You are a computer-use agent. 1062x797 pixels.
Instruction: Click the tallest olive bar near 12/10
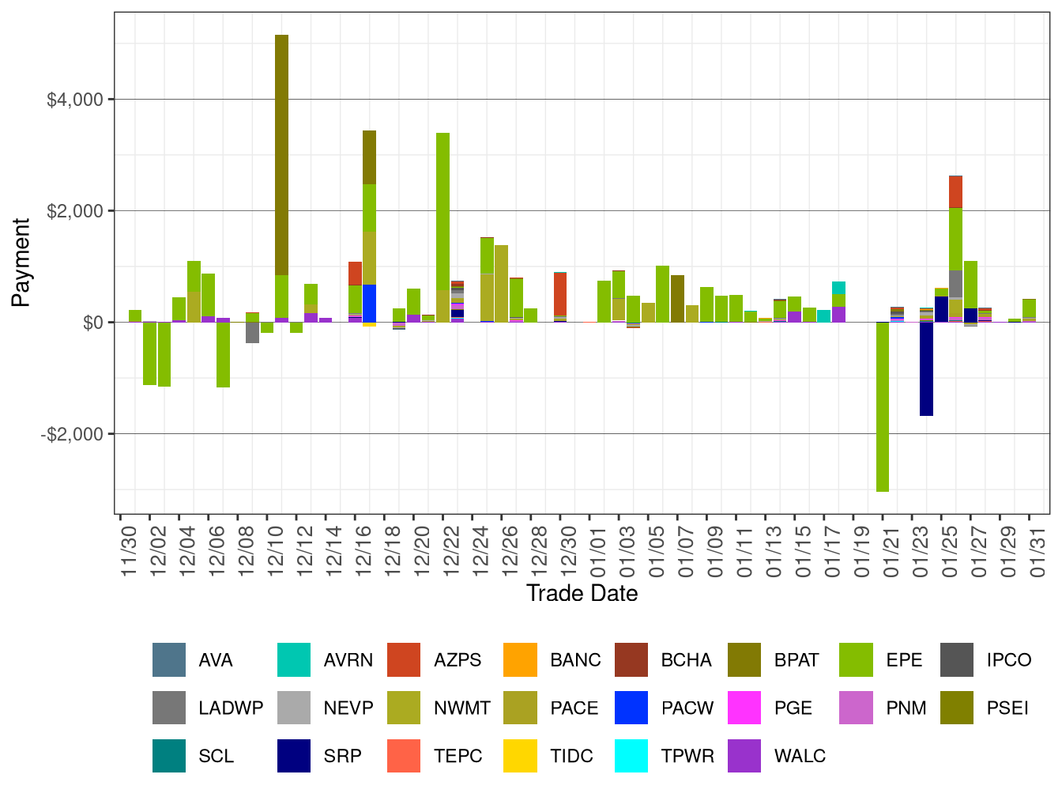coord(281,154)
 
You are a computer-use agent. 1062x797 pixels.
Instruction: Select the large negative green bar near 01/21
coord(883,406)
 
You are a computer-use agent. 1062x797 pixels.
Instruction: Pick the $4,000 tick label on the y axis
coord(75,100)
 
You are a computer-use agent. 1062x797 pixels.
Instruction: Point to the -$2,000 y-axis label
coord(73,434)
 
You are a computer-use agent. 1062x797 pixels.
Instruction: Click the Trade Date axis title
coord(582,593)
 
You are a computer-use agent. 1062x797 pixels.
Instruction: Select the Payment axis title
coord(21,263)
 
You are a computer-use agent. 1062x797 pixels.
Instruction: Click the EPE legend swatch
coord(856,660)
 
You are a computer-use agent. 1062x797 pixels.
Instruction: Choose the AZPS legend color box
coord(404,660)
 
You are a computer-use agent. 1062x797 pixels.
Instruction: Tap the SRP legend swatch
coord(294,756)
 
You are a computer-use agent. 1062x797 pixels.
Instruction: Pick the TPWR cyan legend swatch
coord(631,756)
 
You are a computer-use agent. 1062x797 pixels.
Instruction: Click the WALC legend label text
coord(800,756)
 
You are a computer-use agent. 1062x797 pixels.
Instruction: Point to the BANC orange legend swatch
coord(520,660)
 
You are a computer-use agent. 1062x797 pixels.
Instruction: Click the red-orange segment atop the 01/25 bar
coord(955,192)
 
